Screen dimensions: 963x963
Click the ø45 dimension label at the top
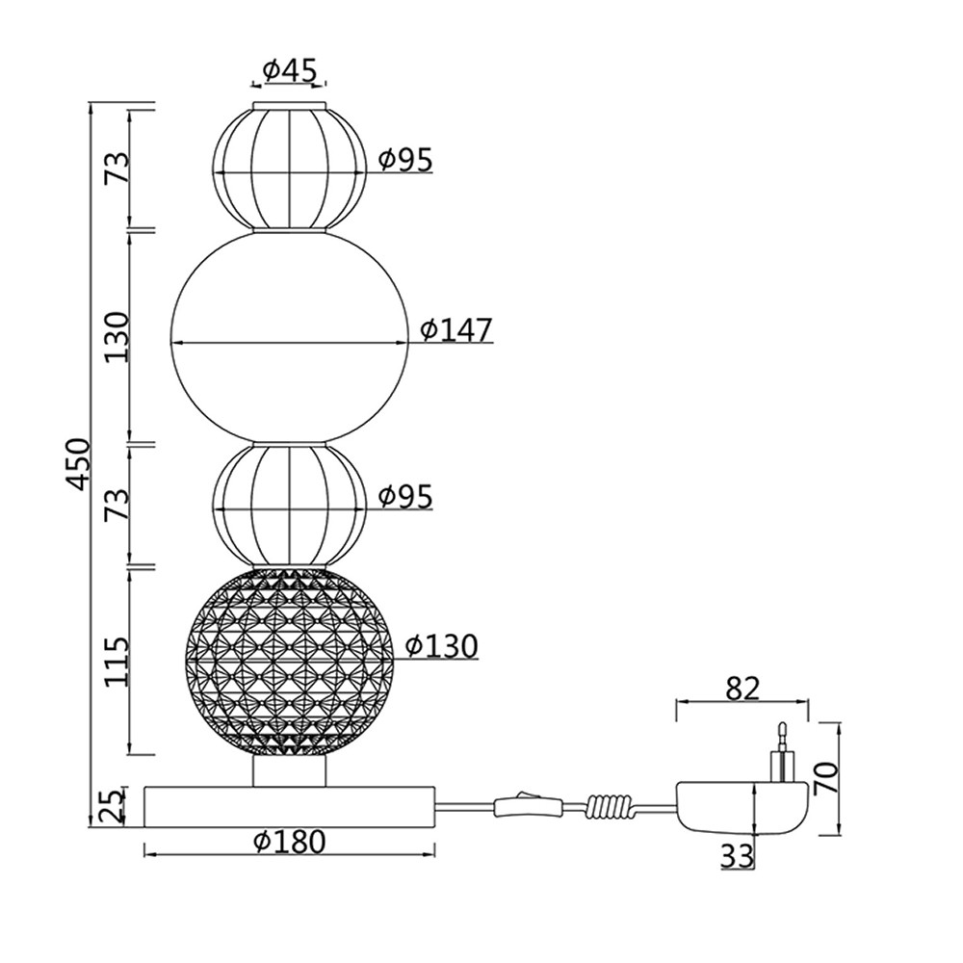289,71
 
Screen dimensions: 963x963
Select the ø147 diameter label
456,329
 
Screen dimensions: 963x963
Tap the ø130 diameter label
442,646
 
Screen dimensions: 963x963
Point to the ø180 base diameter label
289,843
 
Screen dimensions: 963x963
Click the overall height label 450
79,464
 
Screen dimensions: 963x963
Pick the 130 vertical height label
117,337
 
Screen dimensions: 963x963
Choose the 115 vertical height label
117,662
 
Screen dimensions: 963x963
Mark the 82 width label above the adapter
742,690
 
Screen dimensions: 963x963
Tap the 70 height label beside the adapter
826,778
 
